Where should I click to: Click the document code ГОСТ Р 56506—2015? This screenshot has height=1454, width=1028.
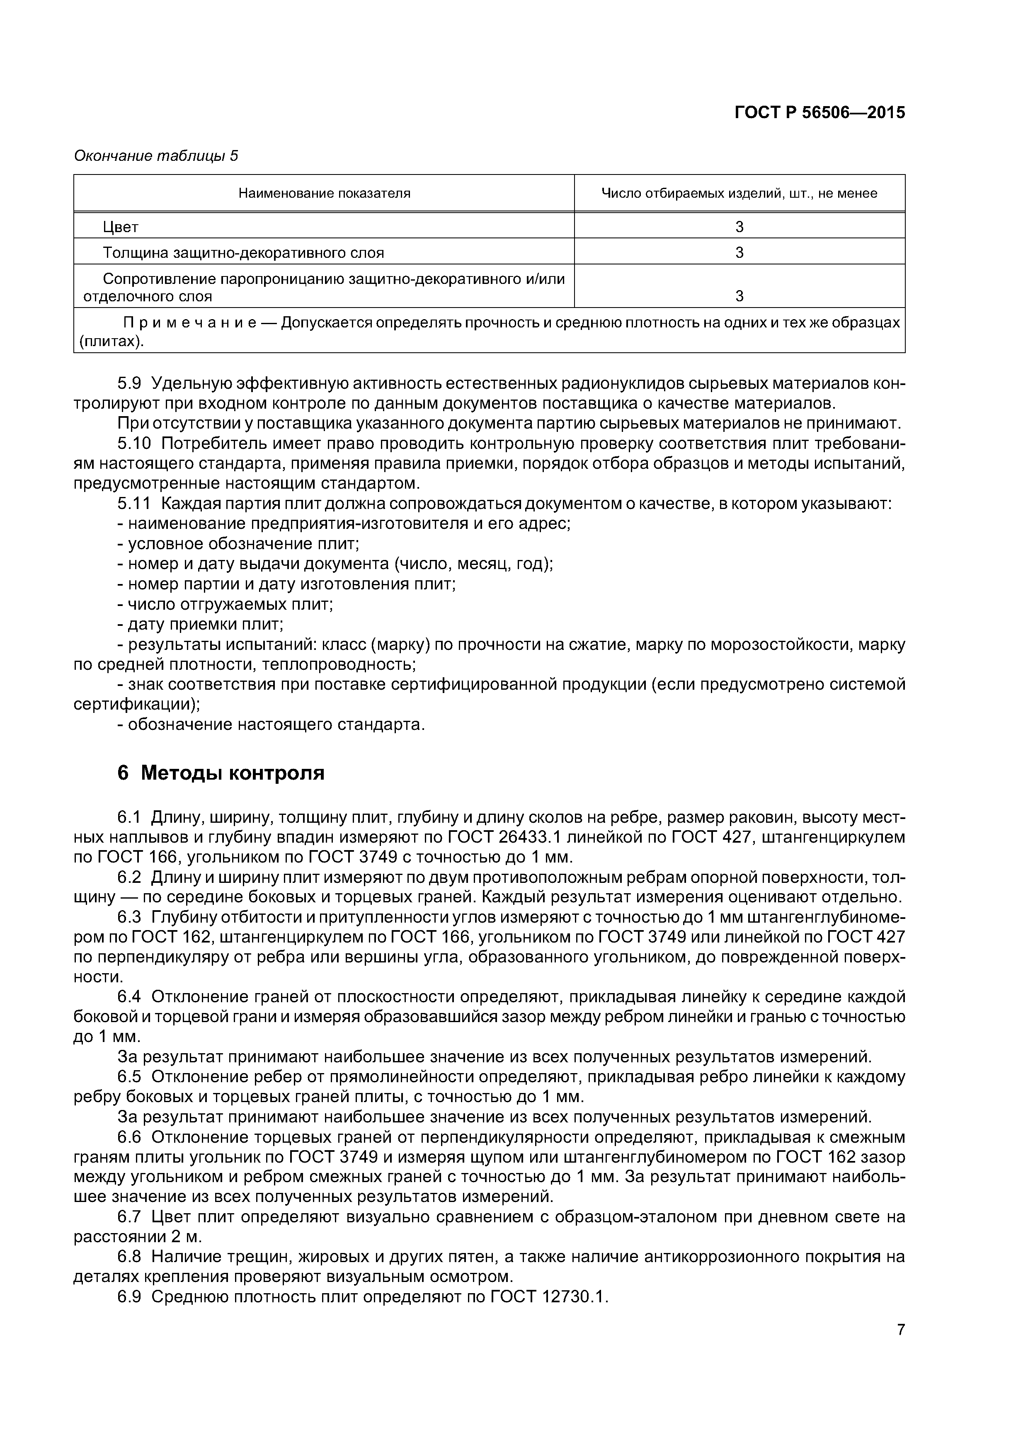[x=819, y=113]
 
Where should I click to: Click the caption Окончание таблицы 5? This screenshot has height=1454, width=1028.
[x=156, y=156]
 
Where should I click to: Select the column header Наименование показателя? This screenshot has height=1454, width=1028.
[x=324, y=193]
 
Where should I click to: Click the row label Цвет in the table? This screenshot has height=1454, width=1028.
[x=120, y=227]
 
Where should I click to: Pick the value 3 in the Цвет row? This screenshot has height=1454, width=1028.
[x=739, y=227]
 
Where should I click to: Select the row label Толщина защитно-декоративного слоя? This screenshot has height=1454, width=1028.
[x=243, y=253]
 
